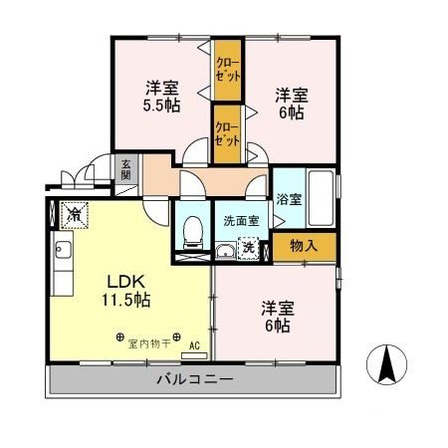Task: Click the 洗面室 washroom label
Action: tap(240, 221)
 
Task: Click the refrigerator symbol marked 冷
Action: tap(75, 212)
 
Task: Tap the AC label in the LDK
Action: tap(195, 346)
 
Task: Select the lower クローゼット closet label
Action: tap(227, 134)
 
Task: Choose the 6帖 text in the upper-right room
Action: tap(291, 113)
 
